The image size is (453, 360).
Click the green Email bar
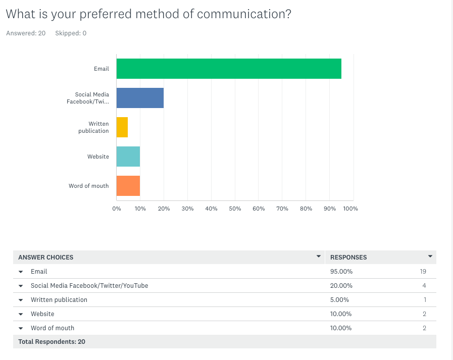(229, 69)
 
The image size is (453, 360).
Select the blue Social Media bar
(140, 98)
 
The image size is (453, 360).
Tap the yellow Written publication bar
(122, 127)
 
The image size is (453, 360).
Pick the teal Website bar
(128, 157)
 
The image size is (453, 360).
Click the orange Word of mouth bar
(128, 186)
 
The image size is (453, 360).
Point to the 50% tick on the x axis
(235, 209)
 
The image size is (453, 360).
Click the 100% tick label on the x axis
(350, 209)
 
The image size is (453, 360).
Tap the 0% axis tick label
(117, 209)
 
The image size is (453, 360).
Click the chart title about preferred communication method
(148, 14)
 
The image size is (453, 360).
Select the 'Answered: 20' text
(26, 33)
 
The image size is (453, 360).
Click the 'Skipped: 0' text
(71, 33)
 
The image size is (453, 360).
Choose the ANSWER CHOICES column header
(46, 257)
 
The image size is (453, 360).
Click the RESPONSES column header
(348, 257)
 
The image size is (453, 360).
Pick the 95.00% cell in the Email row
(341, 271)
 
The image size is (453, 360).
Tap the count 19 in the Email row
(423, 271)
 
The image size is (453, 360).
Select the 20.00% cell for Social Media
(341, 285)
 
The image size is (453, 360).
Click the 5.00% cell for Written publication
(339, 299)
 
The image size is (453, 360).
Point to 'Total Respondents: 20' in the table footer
(52, 342)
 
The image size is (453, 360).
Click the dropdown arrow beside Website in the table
(21, 314)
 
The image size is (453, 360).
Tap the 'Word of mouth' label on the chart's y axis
(89, 186)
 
